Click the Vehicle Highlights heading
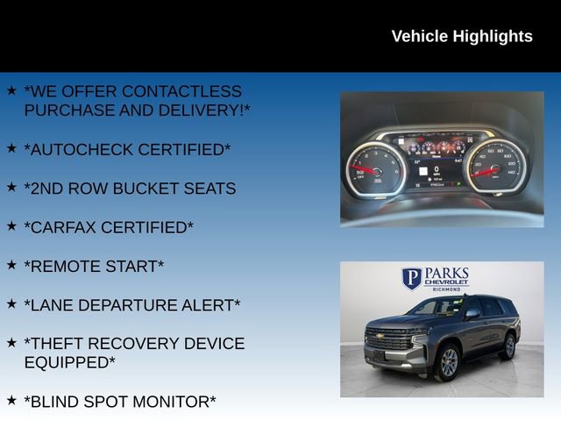461,36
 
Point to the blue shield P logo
411,278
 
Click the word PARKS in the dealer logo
447,275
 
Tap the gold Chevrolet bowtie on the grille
380,335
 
